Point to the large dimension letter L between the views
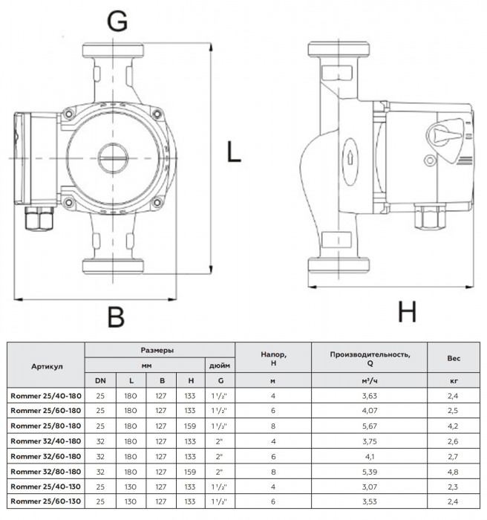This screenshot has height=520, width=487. (x=234, y=154)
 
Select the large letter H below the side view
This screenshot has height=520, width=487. (x=407, y=313)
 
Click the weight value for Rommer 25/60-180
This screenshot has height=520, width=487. (x=453, y=409)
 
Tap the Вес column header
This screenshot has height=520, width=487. (x=453, y=359)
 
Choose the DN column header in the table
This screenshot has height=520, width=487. (x=100, y=380)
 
